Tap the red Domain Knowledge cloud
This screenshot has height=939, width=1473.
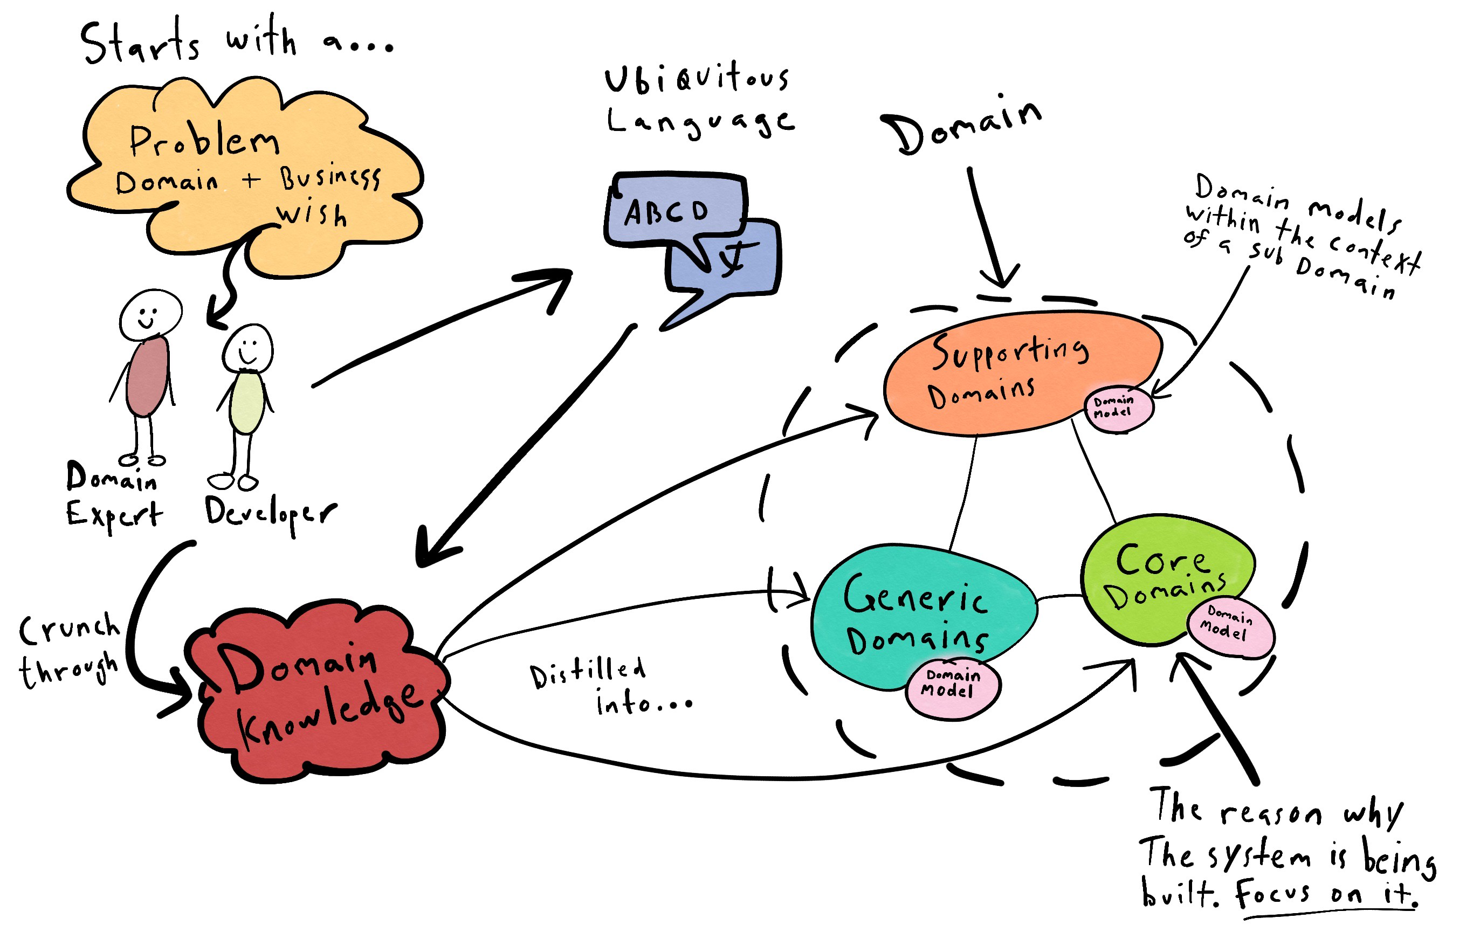pos(318,691)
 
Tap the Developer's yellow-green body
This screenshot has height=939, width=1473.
pos(246,404)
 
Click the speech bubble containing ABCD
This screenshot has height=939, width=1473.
pos(673,211)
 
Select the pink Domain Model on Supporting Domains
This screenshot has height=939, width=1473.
pos(1118,409)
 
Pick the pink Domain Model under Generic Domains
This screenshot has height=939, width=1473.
pos(952,690)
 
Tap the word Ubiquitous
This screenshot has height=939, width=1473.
pos(697,80)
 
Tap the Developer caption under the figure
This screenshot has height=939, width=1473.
pos(269,514)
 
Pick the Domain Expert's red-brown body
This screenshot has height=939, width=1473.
pos(147,376)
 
